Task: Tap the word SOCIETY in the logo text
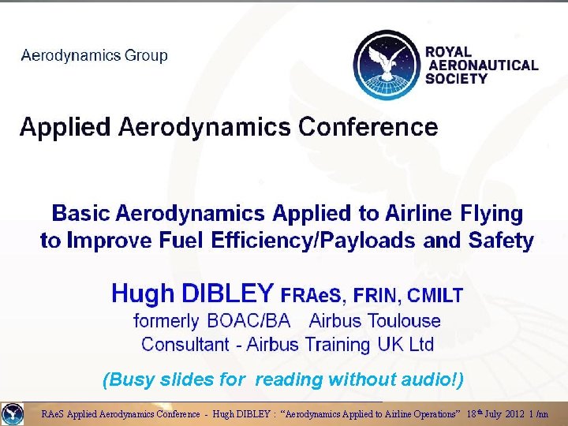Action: click(x=456, y=79)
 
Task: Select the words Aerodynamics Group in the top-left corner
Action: click(x=95, y=56)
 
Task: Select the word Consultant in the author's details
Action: click(x=184, y=345)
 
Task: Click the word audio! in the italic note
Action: click(x=431, y=379)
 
